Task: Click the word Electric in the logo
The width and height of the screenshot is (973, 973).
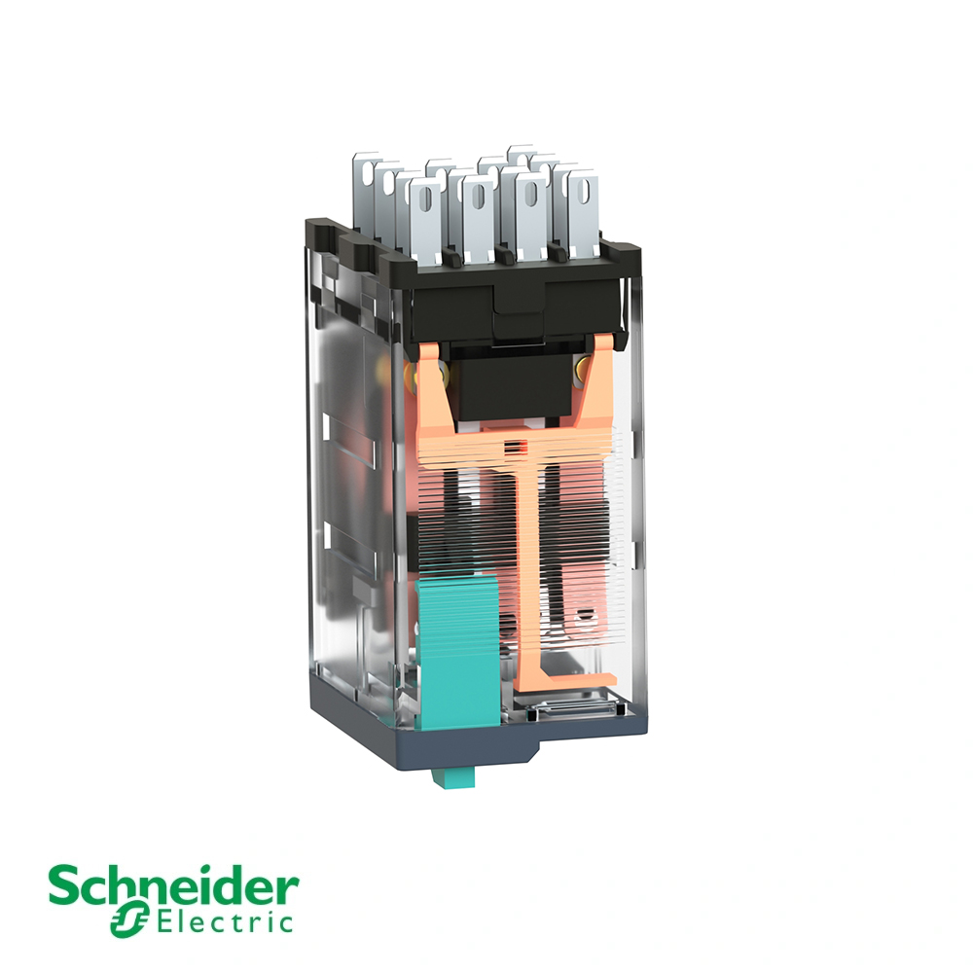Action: point(226,921)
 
